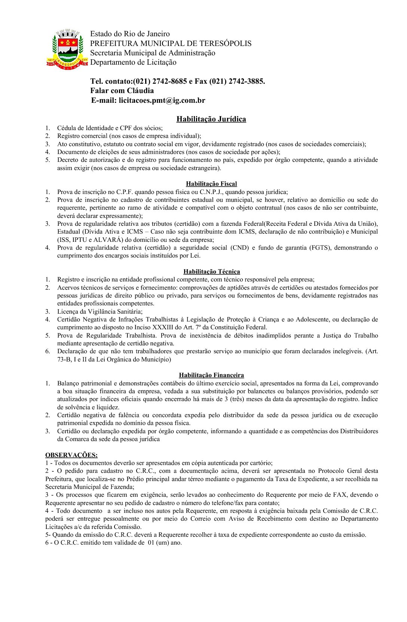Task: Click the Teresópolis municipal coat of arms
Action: (x=67, y=48)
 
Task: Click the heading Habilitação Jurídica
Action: (x=211, y=119)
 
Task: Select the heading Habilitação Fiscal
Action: (x=211, y=184)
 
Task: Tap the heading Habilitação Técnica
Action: (x=211, y=271)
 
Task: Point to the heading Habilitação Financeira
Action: (x=211, y=375)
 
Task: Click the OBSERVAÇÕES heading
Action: (x=71, y=455)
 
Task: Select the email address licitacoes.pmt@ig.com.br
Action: (x=162, y=100)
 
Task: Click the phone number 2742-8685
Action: (x=168, y=81)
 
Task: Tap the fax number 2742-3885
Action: (x=246, y=81)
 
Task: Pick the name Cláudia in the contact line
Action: (x=138, y=90)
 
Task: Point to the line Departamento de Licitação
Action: (x=133, y=62)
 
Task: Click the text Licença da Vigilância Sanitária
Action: (x=100, y=311)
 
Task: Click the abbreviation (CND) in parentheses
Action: (x=239, y=247)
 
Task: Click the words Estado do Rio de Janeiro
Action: (x=130, y=34)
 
